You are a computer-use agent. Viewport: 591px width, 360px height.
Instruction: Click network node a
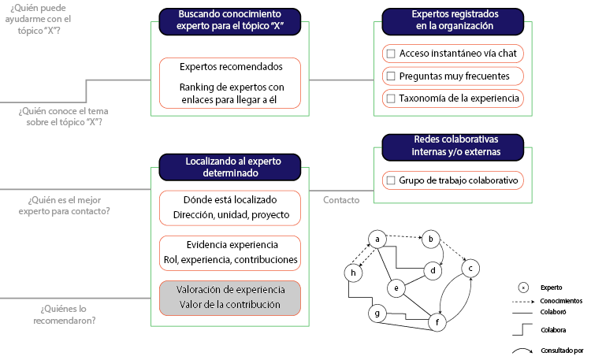[x=377, y=239]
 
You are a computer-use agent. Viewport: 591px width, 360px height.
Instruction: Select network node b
[x=431, y=239]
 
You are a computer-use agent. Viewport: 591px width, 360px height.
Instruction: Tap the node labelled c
[x=471, y=269]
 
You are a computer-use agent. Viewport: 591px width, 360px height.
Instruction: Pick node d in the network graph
[x=433, y=271]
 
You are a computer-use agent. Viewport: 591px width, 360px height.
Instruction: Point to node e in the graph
[x=399, y=288]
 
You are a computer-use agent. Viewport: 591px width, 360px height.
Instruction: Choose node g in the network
[x=378, y=314]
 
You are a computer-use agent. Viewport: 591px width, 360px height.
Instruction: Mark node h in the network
[x=353, y=273]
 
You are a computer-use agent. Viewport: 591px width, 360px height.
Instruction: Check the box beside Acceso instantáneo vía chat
[x=390, y=54]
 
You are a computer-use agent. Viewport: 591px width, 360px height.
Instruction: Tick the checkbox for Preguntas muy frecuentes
[x=390, y=76]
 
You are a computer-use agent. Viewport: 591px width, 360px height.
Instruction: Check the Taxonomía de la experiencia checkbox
[x=390, y=98]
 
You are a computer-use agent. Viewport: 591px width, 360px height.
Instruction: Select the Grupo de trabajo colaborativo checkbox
[x=390, y=181]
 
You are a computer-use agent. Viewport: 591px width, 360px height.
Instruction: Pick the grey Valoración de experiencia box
[x=230, y=297]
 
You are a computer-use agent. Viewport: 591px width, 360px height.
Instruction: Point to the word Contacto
[x=341, y=200]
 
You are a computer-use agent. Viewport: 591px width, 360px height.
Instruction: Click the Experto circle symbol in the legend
[x=522, y=288]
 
